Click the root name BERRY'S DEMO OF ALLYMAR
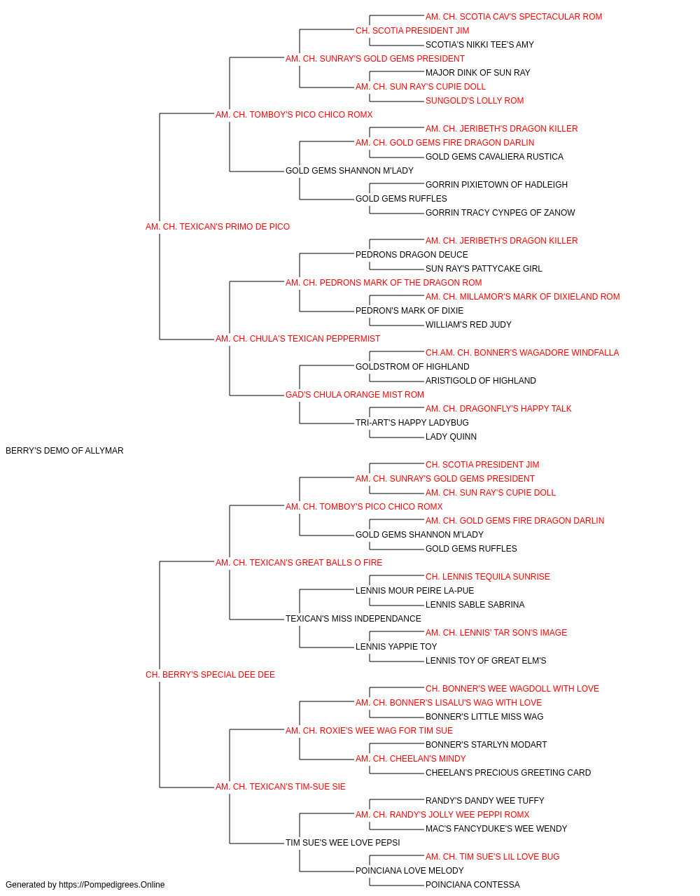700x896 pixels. [64, 451]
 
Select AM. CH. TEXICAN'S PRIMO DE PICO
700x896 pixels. [217, 227]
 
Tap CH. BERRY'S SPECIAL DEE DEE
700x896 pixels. [210, 675]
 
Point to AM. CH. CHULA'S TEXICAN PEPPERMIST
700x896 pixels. [297, 339]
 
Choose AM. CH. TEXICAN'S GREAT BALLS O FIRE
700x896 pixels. [298, 563]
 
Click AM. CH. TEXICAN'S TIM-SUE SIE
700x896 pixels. [280, 787]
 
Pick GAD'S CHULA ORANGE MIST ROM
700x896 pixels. [354, 395]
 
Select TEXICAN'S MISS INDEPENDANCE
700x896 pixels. [353, 619]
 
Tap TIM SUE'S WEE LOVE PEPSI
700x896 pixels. [342, 843]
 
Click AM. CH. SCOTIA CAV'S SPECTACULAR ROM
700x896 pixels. [514, 17]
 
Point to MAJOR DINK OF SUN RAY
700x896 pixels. [478, 73]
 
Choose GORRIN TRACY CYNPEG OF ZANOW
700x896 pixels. [500, 213]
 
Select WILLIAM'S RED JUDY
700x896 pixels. [468, 325]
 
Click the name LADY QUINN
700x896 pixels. [451, 437]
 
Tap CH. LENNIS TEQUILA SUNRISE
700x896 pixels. [488, 577]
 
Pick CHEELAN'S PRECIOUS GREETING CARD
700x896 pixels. [508, 773]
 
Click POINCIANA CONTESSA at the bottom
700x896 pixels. [472, 885]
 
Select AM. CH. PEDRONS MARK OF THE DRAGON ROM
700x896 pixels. [384, 283]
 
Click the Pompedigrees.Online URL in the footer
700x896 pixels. [112, 885]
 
